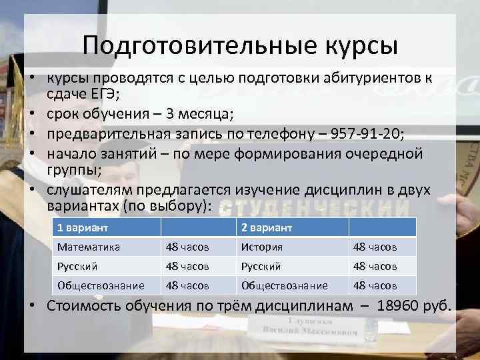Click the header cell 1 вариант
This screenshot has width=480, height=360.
coord(83,228)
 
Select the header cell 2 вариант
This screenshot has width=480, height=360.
coord(267,228)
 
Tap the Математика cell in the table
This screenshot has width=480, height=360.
coord(89,247)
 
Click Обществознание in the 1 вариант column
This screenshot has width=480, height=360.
coord(101,285)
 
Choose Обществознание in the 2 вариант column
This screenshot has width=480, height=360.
coord(284,285)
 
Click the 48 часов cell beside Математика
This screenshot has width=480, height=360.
coord(187,247)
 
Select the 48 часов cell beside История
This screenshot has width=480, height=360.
coord(375,247)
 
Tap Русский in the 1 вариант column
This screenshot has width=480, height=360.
coord(78,266)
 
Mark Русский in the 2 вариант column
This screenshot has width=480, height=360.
coord(261,266)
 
